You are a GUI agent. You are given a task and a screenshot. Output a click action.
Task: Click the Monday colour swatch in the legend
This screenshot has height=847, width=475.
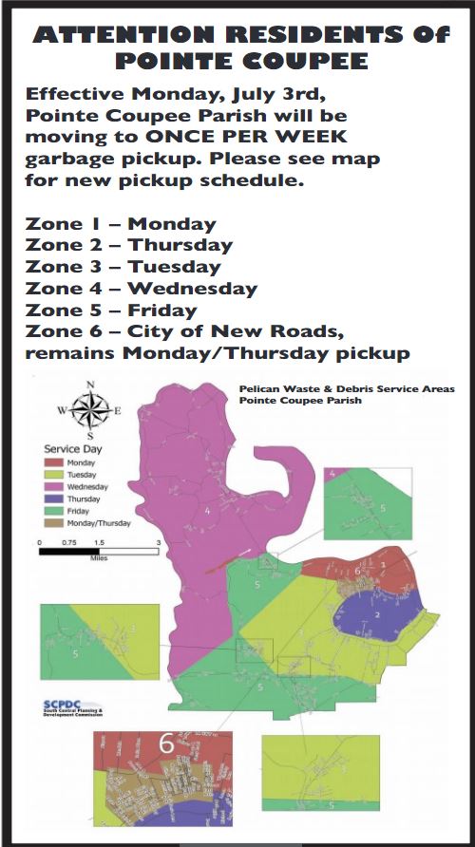[53, 463]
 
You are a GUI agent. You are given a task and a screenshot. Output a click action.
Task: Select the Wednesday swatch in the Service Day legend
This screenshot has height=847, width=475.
[53, 486]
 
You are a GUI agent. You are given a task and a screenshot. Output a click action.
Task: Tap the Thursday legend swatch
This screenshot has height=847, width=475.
[53, 499]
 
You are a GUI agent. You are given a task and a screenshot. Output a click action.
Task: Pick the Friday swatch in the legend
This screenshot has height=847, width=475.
[53, 510]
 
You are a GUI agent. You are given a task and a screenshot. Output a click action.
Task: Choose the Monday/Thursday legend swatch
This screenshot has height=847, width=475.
[53, 522]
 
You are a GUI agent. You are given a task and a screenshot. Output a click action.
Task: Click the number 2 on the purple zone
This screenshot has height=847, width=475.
[377, 615]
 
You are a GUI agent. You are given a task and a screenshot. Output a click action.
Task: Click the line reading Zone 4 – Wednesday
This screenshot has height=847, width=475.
[142, 289]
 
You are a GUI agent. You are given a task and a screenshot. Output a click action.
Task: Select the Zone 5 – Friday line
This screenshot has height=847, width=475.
[111, 311]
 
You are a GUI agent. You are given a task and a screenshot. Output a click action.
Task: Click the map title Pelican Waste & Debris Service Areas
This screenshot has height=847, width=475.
[347, 389]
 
